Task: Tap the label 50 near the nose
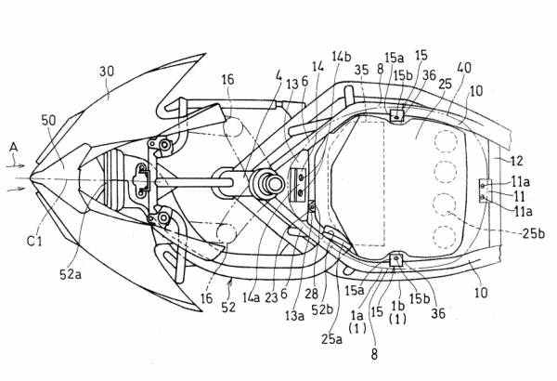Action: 47,120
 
